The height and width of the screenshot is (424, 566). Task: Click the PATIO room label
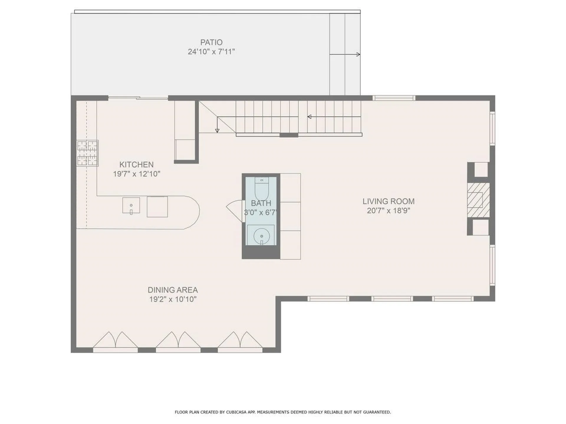pos(211,42)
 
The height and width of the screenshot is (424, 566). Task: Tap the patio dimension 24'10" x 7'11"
pos(211,52)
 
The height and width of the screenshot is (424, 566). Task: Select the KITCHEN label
pos(136,165)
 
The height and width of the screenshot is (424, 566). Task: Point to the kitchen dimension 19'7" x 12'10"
pos(136,174)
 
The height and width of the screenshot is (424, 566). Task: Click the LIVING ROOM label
pos(389,201)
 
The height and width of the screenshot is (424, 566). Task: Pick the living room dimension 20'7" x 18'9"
pos(389,211)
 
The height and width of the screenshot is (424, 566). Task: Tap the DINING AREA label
pos(173,290)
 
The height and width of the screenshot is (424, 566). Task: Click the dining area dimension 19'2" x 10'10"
pos(173,299)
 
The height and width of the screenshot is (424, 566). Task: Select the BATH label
pos(261,203)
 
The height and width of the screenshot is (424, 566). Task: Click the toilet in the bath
pos(261,188)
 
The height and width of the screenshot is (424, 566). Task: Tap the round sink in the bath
pos(261,236)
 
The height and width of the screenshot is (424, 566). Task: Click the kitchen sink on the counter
pos(131,205)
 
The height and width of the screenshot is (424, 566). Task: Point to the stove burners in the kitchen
pos(87,153)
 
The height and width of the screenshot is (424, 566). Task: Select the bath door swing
pos(235,209)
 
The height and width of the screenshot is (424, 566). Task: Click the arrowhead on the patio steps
pos(358,54)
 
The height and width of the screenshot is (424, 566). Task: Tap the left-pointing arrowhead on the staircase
pos(309,117)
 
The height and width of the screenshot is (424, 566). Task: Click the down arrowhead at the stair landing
pos(217,130)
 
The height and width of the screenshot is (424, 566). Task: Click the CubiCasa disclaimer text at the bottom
pos(283,412)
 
